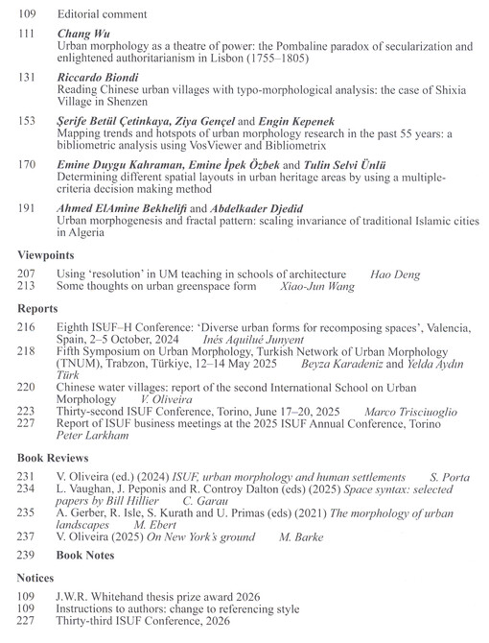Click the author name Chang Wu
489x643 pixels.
pyautogui.click(x=82, y=34)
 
